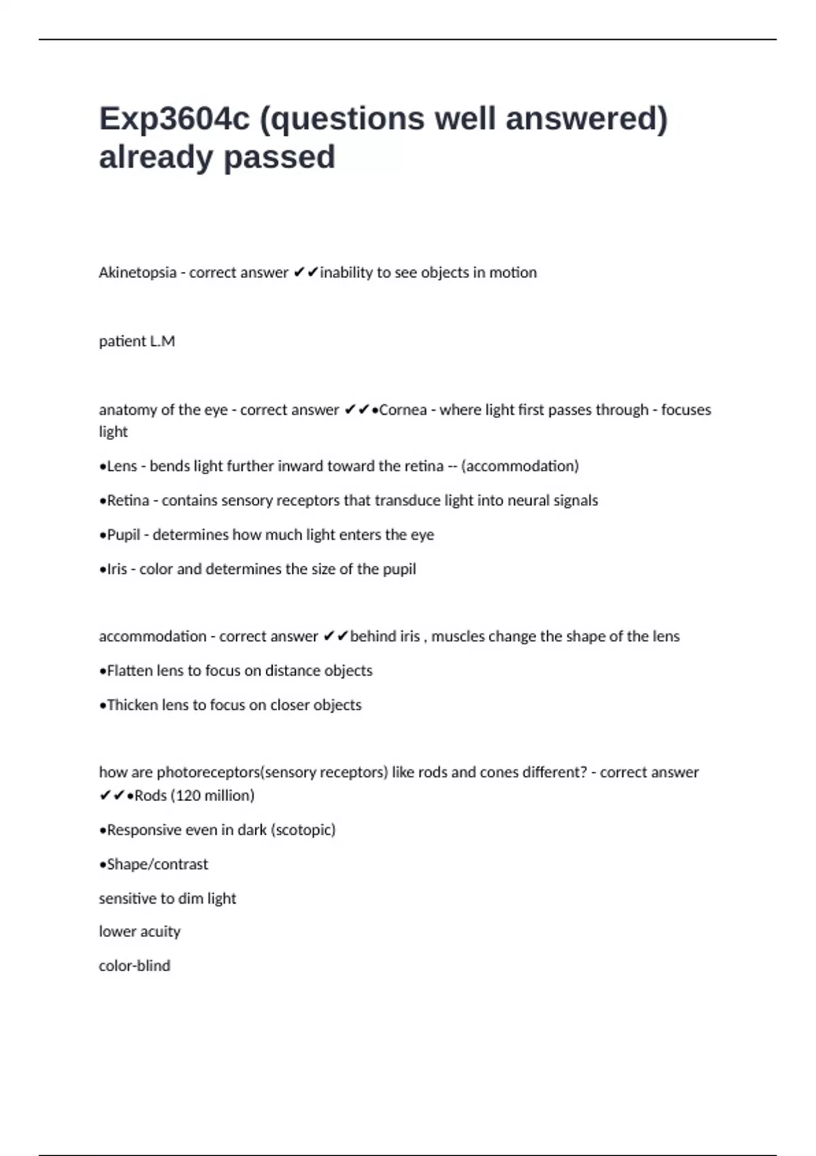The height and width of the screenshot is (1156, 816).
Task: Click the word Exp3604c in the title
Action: [173, 119]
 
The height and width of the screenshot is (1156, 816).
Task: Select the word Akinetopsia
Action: [137, 273]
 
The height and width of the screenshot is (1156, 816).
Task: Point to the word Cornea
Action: [403, 410]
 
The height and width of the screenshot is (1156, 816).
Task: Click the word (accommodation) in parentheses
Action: [520, 466]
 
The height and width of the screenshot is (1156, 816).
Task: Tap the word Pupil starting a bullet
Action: [123, 535]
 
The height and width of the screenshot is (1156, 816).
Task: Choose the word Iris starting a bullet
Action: [117, 569]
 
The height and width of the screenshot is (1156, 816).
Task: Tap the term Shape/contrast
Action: [158, 864]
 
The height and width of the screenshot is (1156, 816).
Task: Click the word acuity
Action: [161, 932]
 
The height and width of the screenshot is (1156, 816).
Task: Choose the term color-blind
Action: [135, 966]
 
